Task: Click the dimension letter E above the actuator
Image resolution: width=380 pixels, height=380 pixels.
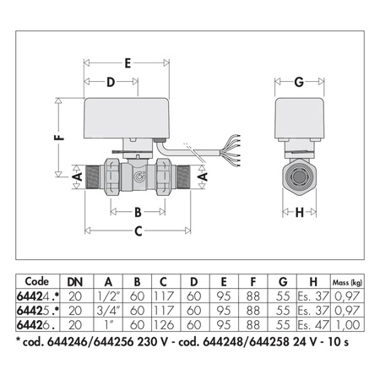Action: pos(128,62)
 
